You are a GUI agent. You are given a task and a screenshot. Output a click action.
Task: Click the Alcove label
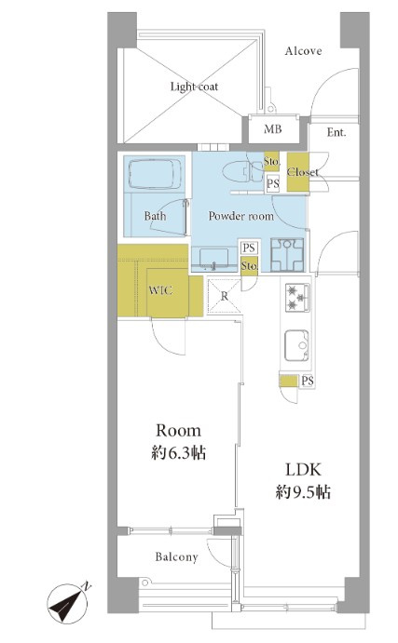pyautogui.click(x=303, y=51)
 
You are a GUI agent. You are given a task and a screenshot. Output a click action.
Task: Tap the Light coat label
pyautogui.click(x=194, y=87)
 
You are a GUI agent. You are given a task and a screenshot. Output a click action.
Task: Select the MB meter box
pyautogui.click(x=273, y=129)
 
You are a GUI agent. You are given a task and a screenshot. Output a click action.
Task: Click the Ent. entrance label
pyautogui.click(x=336, y=132)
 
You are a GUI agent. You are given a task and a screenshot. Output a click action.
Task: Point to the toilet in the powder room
pyautogui.click(x=242, y=171)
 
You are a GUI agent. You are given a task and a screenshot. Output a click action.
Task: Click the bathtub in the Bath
pyautogui.click(x=155, y=174)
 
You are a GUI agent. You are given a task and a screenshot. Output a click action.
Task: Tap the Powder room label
pyautogui.click(x=240, y=216)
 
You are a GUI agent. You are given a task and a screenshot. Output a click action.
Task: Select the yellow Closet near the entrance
pyautogui.click(x=297, y=172)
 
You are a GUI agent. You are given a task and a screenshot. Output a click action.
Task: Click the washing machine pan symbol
pyautogui.click(x=287, y=255)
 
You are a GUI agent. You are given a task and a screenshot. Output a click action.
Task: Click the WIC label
pyautogui.click(x=160, y=290)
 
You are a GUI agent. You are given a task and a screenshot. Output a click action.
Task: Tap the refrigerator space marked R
pyautogui.click(x=224, y=297)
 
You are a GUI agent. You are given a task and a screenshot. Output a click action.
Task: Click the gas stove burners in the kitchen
pyautogui.click(x=297, y=297)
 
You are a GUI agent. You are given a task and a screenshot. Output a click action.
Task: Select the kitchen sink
pyautogui.click(x=296, y=345)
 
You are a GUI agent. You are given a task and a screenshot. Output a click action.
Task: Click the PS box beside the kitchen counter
pyautogui.click(x=308, y=381)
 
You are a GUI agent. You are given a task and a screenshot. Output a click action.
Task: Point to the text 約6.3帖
pyautogui.click(x=179, y=453)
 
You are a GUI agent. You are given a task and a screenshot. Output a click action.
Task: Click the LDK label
pyautogui.click(x=303, y=470)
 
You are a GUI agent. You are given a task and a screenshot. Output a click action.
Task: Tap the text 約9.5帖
pyautogui.click(x=303, y=491)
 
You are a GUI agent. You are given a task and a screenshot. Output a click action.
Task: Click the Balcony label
pyautogui.click(x=176, y=556)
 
